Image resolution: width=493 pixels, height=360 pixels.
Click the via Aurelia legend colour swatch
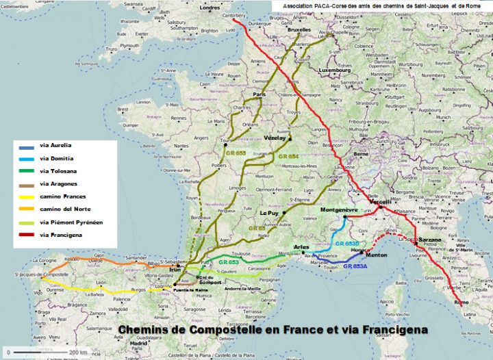[x=27, y=146]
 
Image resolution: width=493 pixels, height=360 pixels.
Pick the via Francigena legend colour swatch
[x=27, y=235]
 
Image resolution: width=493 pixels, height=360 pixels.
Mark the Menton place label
[x=378, y=255]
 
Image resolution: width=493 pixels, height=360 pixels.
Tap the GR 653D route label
[x=347, y=244]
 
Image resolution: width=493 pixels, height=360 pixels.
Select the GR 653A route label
[x=356, y=266]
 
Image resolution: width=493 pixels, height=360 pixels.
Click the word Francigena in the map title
[x=388, y=329]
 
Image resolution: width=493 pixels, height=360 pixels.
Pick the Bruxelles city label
[x=298, y=31]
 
